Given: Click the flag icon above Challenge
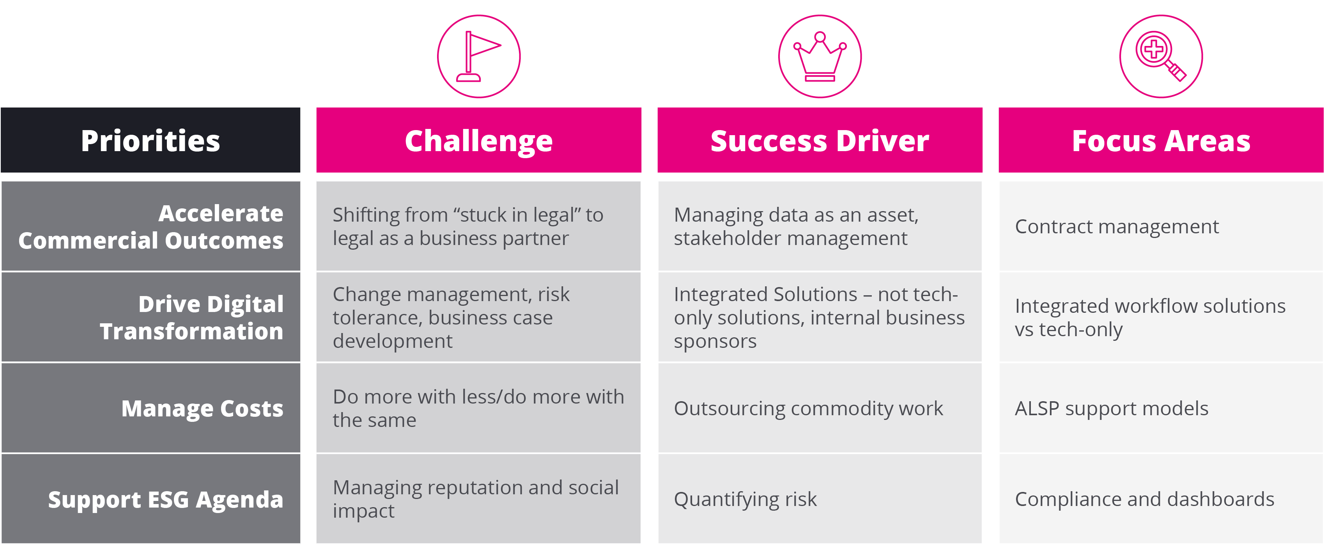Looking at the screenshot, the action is point(479,56).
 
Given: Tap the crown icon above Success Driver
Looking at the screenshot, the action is point(820,56).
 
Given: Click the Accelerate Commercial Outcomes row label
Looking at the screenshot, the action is point(150,226).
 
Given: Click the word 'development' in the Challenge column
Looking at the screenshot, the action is point(393,342).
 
